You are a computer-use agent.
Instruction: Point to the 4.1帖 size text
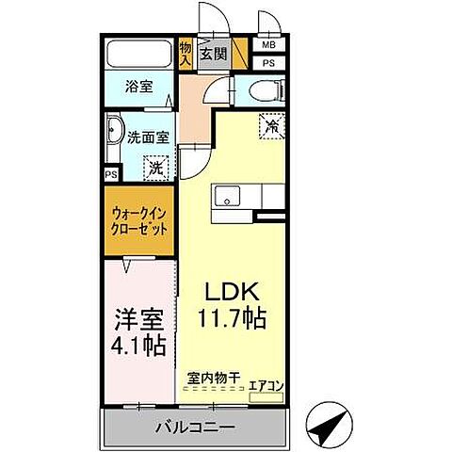click(138, 345)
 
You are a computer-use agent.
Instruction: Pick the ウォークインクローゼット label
click(139, 220)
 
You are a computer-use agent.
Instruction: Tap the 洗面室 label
click(149, 136)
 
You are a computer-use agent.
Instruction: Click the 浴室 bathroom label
click(138, 87)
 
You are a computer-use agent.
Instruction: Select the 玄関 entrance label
click(211, 54)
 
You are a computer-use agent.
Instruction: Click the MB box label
click(269, 44)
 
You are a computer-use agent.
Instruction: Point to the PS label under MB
click(269, 63)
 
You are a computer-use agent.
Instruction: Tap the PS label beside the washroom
click(111, 175)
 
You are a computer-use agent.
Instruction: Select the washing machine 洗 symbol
click(153, 169)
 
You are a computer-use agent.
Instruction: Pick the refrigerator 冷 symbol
click(271, 124)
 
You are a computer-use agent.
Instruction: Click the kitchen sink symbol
click(227, 195)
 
